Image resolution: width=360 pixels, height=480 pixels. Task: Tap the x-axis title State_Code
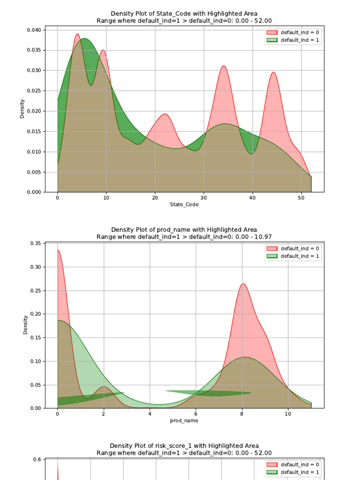[x=184, y=205]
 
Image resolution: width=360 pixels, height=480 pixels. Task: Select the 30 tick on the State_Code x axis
[x=203, y=198]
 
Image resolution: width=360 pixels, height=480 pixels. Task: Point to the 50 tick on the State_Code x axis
[x=301, y=198]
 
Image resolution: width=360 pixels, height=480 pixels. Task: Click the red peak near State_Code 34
[x=224, y=66]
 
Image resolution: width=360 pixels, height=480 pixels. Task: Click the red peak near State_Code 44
[x=273, y=73]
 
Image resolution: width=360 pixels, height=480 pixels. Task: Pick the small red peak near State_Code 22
[x=165, y=114]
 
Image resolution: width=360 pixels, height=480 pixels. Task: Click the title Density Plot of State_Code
[x=184, y=14]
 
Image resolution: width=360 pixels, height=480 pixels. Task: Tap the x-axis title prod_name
[x=184, y=420]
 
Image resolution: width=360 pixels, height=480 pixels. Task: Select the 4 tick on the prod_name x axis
[x=150, y=414]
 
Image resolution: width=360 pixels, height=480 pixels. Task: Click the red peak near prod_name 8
[x=243, y=284]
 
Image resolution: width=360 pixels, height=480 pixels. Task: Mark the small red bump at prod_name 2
[x=104, y=387]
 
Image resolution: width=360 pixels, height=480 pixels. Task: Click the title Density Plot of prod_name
[x=184, y=230]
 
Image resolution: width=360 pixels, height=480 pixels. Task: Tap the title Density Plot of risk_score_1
[x=184, y=446]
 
